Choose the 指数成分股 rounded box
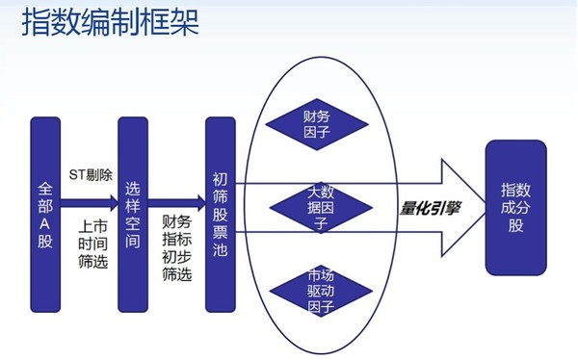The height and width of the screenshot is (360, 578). (x=515, y=206)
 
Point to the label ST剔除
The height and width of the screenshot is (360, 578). (x=91, y=175)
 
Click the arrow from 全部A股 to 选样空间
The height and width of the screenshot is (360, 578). (x=91, y=204)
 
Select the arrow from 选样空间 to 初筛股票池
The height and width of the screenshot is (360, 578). (x=177, y=204)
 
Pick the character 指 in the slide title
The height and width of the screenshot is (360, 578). (x=37, y=22)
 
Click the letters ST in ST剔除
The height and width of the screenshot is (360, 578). (x=77, y=175)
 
